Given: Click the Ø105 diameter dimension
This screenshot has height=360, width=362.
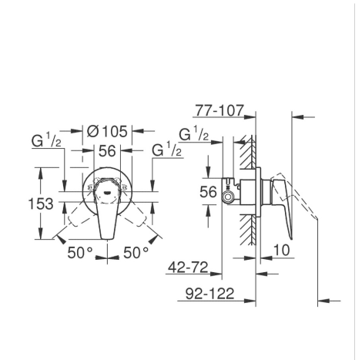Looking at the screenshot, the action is pyautogui.click(x=107, y=131).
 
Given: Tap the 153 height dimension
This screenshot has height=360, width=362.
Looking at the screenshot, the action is pyautogui.click(x=41, y=204).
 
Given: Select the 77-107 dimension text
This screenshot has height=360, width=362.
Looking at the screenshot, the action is pyautogui.click(x=219, y=110).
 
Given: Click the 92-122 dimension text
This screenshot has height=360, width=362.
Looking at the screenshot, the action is pyautogui.click(x=210, y=294).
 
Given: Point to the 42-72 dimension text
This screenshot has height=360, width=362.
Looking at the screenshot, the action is pyautogui.click(x=188, y=267).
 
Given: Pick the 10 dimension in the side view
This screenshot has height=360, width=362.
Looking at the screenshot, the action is pyautogui.click(x=281, y=250).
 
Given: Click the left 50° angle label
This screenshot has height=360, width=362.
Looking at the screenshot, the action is pyautogui.click(x=79, y=253).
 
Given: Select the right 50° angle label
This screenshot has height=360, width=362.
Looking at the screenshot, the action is pyautogui.click(x=136, y=253).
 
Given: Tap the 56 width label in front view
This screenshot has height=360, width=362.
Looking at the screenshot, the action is pyautogui.click(x=107, y=151).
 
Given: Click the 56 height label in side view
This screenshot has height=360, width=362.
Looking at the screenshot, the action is pyautogui.click(x=208, y=192).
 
